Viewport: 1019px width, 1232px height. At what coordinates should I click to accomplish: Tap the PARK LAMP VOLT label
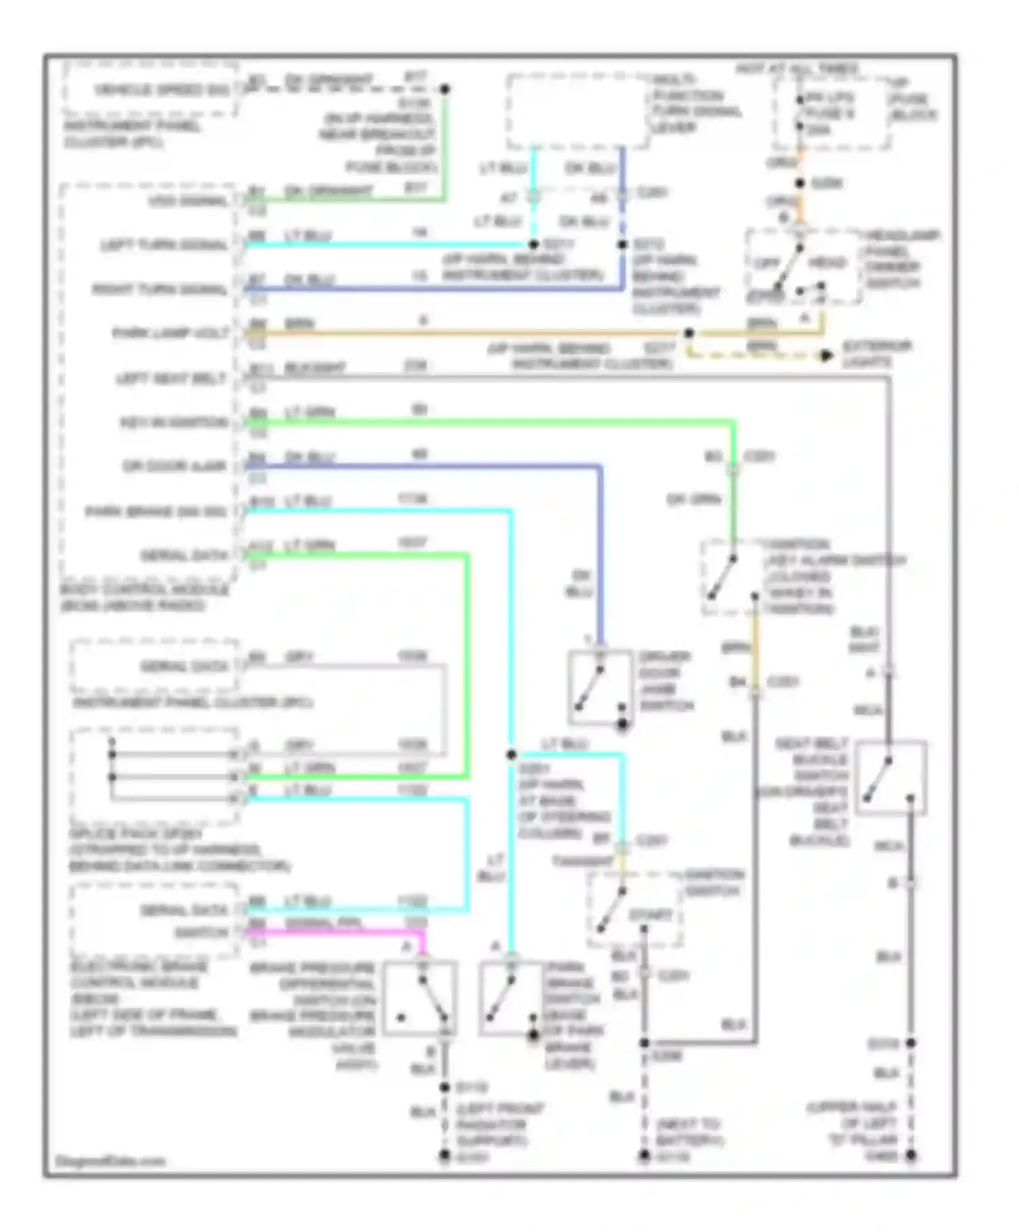(x=171, y=333)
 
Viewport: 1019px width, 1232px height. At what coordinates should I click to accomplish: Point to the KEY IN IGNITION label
(x=174, y=422)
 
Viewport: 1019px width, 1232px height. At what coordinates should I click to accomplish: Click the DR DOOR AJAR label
(x=174, y=467)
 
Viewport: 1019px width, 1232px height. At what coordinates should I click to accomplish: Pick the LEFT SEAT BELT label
(x=171, y=378)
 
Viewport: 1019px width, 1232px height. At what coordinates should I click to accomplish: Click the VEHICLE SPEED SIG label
(x=161, y=90)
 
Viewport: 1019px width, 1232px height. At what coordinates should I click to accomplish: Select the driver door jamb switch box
(x=600, y=687)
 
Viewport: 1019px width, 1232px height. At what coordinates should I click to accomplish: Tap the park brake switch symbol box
(x=511, y=998)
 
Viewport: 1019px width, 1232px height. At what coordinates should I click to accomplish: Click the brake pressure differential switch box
(x=419, y=998)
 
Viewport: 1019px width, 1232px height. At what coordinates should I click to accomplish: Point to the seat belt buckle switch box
(x=891, y=777)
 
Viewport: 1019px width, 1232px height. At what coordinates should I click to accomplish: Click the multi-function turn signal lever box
(x=577, y=111)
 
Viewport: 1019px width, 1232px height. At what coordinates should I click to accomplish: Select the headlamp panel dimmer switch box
(x=804, y=267)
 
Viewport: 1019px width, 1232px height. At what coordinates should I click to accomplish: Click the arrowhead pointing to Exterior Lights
(x=826, y=355)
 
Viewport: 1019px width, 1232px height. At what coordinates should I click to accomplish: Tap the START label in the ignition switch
(x=650, y=915)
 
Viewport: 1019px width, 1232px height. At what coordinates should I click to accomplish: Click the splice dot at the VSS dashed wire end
(x=445, y=89)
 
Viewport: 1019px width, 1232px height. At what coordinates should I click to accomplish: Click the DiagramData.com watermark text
(x=110, y=1161)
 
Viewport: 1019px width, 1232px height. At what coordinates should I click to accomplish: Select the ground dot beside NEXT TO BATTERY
(x=644, y=1155)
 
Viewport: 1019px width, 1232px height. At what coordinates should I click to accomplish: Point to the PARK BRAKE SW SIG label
(x=157, y=511)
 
